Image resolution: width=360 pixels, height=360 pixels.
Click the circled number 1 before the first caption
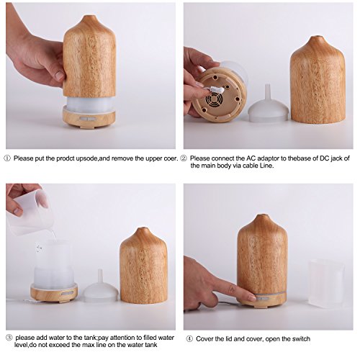(7, 158)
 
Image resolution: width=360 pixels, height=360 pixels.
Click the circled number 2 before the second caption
(184, 158)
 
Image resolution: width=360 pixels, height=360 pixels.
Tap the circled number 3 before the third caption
(9, 338)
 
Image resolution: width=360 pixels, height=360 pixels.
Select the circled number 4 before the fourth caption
(189, 339)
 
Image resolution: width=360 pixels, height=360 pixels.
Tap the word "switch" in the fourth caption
(301, 339)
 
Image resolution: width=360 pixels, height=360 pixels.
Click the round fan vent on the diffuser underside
(212, 99)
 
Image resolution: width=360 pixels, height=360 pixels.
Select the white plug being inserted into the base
(215, 89)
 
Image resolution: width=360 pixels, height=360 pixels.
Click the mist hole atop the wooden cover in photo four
(264, 215)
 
